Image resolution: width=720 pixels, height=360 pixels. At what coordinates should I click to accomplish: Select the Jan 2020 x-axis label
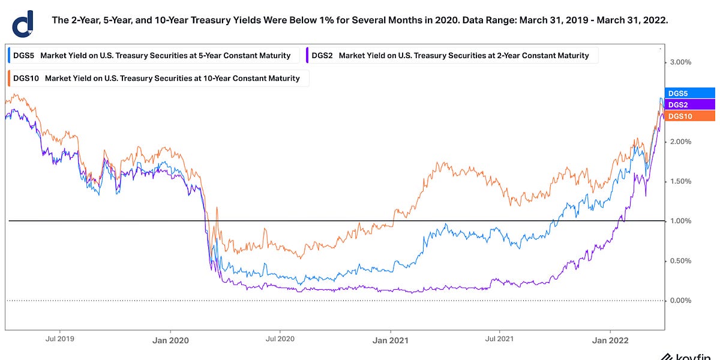[170, 340]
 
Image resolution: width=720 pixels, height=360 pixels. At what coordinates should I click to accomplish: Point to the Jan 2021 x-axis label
[391, 340]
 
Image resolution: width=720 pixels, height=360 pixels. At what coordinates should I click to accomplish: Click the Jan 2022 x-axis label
[610, 340]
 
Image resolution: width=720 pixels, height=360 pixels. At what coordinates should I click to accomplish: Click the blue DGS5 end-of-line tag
[689, 93]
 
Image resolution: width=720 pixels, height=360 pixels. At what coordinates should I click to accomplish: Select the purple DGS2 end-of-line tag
[689, 104]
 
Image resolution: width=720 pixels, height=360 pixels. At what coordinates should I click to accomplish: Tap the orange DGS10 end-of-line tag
[689, 116]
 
